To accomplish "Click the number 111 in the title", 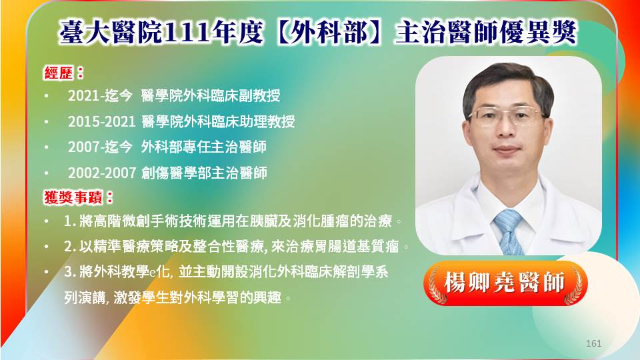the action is pos(187,33).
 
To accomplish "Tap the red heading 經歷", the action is pos(59,73).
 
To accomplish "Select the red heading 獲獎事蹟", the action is pos(73,197).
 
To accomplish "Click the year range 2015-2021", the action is pos(101,121).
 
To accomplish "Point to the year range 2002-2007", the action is pos(101,173).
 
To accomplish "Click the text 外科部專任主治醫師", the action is pos(204,147).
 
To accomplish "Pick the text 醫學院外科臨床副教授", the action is pos(211,96).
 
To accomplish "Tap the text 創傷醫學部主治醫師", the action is pos(204,173).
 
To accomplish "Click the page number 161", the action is pos(593,343).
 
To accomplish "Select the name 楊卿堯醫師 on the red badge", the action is pos(505,283).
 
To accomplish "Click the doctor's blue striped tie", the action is pos(509,232).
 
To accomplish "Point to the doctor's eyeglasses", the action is pos(506,115).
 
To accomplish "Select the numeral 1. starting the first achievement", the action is pos(70,221).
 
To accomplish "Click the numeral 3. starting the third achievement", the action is pos(70,272).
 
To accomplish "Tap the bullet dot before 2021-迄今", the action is pos(47,96).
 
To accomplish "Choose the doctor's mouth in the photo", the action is pos(507,150).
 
